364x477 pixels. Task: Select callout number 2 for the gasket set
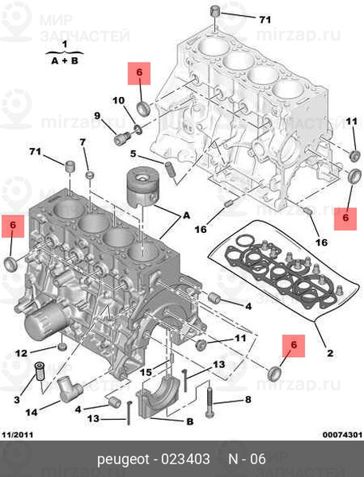coord(330,353)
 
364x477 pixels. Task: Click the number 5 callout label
coord(133,154)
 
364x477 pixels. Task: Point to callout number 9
coord(97,115)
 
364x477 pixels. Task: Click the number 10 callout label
coord(119,100)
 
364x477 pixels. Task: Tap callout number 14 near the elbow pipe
coord(31,413)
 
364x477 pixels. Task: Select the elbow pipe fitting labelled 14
coord(69,388)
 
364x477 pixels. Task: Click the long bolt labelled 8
coord(210,399)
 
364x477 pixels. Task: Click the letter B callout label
coord(190,421)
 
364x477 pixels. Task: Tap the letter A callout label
coord(186,215)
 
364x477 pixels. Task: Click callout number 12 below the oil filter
coord(22,353)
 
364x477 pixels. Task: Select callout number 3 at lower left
coord(17,399)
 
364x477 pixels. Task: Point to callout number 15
coord(146,372)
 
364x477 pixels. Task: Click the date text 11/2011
coord(18,435)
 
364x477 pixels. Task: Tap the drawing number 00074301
coord(342,435)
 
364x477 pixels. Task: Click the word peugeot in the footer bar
coord(123,459)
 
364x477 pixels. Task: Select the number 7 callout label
coord(83,142)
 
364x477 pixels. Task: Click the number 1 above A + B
coord(65,45)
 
